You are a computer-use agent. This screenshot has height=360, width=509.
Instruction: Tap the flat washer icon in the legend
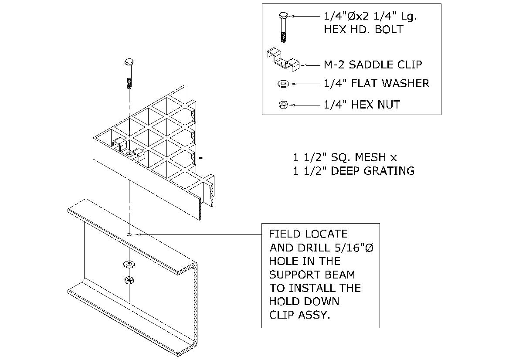pyautogui.click(x=283, y=83)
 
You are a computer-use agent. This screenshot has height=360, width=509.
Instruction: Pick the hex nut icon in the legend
pyautogui.click(x=282, y=105)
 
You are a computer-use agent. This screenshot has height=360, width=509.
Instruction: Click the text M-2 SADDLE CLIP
pyautogui.click(x=373, y=65)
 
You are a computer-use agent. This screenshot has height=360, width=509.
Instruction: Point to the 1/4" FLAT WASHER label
pyautogui.click(x=377, y=83)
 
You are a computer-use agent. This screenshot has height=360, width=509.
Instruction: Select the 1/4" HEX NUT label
pyautogui.click(x=362, y=105)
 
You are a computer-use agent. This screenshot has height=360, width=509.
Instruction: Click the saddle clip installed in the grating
pyautogui.click(x=128, y=149)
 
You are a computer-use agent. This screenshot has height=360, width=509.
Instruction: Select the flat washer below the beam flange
pyautogui.click(x=129, y=264)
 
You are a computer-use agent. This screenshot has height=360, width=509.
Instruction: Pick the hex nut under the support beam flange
pyautogui.click(x=129, y=280)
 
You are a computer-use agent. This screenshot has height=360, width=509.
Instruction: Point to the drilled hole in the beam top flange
pyautogui.click(x=129, y=234)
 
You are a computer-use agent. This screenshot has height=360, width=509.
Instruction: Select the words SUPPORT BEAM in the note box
pyautogui.click(x=312, y=275)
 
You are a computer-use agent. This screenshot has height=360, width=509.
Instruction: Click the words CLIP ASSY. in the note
pyautogui.click(x=299, y=315)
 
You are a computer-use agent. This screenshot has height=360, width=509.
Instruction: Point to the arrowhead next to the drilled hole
pyautogui.click(x=138, y=234)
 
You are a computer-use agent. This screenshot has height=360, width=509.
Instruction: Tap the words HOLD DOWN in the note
pyautogui.click(x=304, y=301)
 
